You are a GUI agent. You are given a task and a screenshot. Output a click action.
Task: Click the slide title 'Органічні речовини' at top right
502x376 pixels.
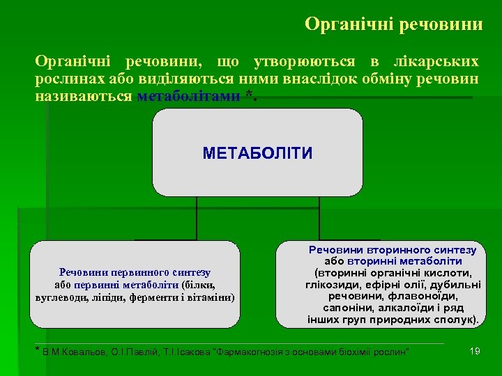point(393,24)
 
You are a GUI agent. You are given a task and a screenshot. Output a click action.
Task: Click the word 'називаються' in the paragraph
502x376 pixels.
point(84,96)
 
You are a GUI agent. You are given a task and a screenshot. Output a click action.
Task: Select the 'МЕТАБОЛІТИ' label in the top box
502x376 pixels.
point(257,153)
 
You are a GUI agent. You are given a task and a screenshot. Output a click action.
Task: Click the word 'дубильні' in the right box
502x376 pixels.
point(456,283)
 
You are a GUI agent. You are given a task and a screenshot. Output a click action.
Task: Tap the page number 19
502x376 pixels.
point(475,351)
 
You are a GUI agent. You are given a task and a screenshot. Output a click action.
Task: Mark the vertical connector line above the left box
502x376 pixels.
point(197,219)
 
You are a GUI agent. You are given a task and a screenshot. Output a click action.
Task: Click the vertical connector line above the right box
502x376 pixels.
point(319,219)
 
